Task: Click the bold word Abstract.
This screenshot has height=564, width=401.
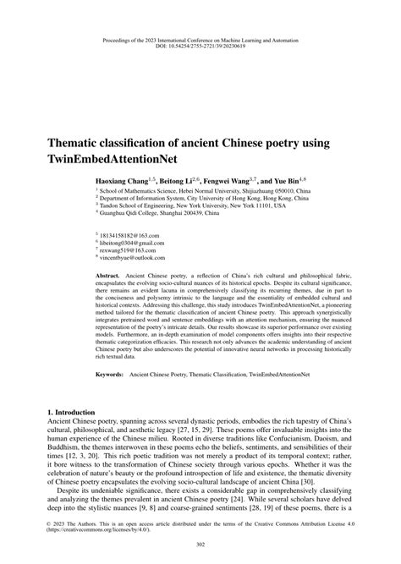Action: click(108, 277)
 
